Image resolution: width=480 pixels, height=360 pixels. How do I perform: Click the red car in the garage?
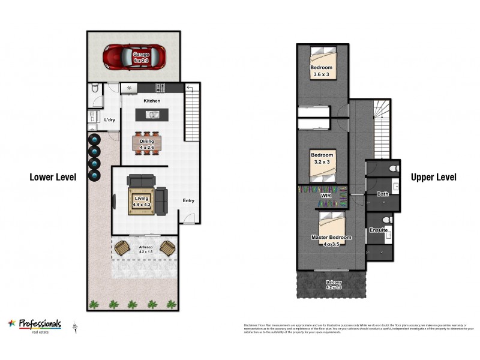(133, 58)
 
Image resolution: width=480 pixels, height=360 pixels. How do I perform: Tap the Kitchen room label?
(151, 101)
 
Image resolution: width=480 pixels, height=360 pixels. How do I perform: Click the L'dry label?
(110, 120)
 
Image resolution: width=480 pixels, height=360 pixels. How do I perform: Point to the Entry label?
(188, 201)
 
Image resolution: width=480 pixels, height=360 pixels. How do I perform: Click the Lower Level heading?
(53, 177)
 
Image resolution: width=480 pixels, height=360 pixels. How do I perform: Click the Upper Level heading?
(433, 177)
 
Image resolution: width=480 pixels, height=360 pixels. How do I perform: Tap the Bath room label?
(382, 194)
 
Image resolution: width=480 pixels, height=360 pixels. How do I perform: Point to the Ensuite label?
(378, 230)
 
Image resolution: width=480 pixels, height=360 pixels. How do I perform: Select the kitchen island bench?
(152, 114)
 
